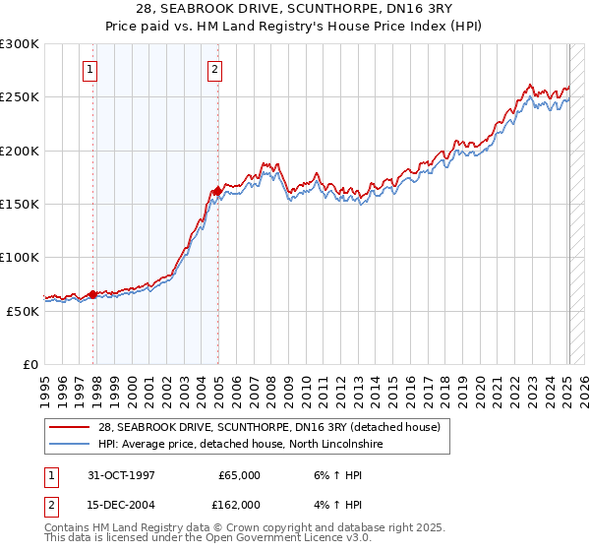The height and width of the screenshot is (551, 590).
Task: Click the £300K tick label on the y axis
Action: [20, 44]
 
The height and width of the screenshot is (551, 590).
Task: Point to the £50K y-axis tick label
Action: [24, 311]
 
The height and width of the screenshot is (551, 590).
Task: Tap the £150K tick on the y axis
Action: [20, 205]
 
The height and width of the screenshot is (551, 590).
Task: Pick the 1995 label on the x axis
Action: [44, 384]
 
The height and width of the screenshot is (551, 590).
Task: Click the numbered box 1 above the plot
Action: [90, 69]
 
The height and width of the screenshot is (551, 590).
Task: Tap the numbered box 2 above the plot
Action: [214, 69]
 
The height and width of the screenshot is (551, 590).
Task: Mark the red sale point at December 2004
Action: [217, 191]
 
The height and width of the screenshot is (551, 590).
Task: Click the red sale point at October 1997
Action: [93, 294]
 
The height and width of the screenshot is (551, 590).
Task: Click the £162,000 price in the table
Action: [239, 505]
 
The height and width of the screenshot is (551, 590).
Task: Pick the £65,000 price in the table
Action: [239, 475]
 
